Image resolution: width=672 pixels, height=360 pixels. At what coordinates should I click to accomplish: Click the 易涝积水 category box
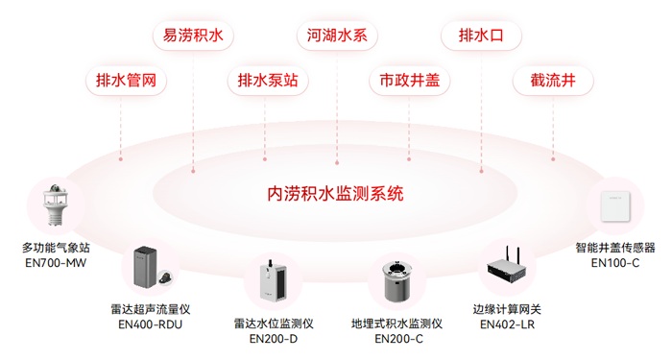pyautogui.click(x=193, y=36)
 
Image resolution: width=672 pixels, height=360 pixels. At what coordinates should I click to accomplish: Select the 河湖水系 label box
pyautogui.click(x=337, y=36)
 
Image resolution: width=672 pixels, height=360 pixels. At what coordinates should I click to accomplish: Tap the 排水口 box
pyautogui.click(x=481, y=36)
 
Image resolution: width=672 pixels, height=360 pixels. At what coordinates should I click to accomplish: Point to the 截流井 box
pyautogui.click(x=553, y=81)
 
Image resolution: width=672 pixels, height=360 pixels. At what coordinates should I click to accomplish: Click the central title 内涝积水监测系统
pyautogui.click(x=335, y=193)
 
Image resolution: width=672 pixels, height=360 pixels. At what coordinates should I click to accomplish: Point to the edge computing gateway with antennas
pyautogui.click(x=508, y=269)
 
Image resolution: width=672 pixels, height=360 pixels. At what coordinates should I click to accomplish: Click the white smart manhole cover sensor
pyautogui.click(x=614, y=205)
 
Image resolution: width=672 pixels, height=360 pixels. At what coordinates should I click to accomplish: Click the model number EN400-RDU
pyautogui.click(x=150, y=324)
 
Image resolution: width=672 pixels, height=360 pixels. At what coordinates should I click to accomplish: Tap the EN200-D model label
pyautogui.click(x=274, y=338)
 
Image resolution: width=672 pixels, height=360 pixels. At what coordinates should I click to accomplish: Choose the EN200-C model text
pyautogui.click(x=396, y=338)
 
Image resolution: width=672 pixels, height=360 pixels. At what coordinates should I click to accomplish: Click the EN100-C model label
pyautogui.click(x=614, y=262)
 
